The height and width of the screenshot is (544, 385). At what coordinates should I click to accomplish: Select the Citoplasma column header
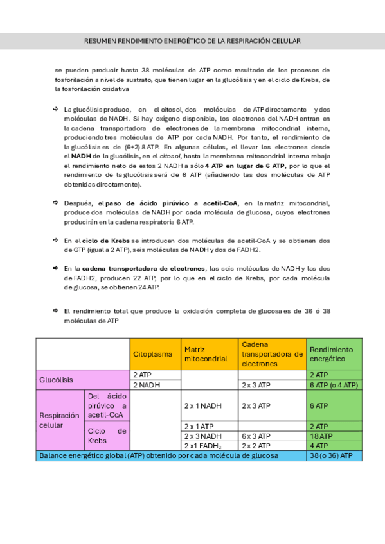(156, 354)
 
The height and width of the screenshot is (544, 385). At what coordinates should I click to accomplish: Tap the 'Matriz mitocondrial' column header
(210, 354)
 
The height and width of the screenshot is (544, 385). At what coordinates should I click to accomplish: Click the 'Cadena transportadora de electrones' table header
(271, 354)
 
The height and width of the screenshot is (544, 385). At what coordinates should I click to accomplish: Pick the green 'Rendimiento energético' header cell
(334, 354)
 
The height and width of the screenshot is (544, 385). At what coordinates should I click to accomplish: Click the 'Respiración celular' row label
(60, 420)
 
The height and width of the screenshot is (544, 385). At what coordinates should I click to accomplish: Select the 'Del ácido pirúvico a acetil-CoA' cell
(107, 406)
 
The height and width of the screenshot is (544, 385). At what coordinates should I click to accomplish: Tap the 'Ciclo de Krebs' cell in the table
(107, 436)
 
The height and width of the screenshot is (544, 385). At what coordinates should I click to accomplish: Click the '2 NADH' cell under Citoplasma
(156, 385)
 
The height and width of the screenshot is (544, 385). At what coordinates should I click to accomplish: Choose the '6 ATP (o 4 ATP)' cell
(334, 385)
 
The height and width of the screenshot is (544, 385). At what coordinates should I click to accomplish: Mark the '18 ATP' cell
(334, 436)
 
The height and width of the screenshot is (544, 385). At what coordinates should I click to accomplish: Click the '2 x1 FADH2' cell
(210, 445)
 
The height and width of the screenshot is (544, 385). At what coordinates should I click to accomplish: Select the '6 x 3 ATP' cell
(271, 436)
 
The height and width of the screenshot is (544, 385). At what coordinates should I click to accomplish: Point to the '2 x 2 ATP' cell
(271, 445)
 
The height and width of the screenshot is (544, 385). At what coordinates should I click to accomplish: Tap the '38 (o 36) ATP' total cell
(334, 455)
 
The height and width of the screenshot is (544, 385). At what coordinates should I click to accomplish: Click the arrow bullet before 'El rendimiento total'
(56, 310)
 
